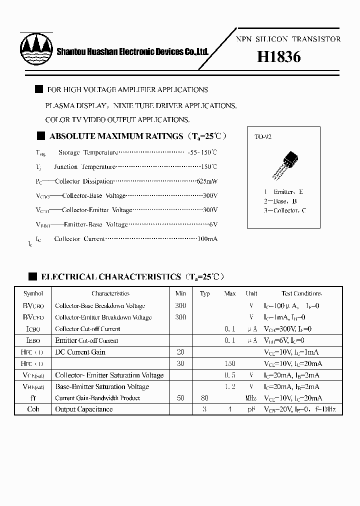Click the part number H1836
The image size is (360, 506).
point(279,57)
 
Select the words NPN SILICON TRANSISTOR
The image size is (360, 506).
point(288,39)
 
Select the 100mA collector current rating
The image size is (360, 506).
point(207,239)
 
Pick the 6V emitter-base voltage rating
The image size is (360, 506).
point(213,224)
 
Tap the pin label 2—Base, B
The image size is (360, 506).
point(280,201)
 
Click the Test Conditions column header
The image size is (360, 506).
point(301,293)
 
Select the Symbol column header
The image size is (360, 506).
point(33,293)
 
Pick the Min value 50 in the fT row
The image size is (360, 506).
point(180,398)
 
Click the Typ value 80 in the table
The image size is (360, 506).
point(204,398)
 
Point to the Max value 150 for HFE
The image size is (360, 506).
point(229,363)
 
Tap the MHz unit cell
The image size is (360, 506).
point(251,398)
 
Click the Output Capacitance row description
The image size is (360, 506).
point(84,409)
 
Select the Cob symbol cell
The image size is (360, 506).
point(33,409)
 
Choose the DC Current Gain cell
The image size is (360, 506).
point(80,352)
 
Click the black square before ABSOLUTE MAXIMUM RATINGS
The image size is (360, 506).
point(41,136)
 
